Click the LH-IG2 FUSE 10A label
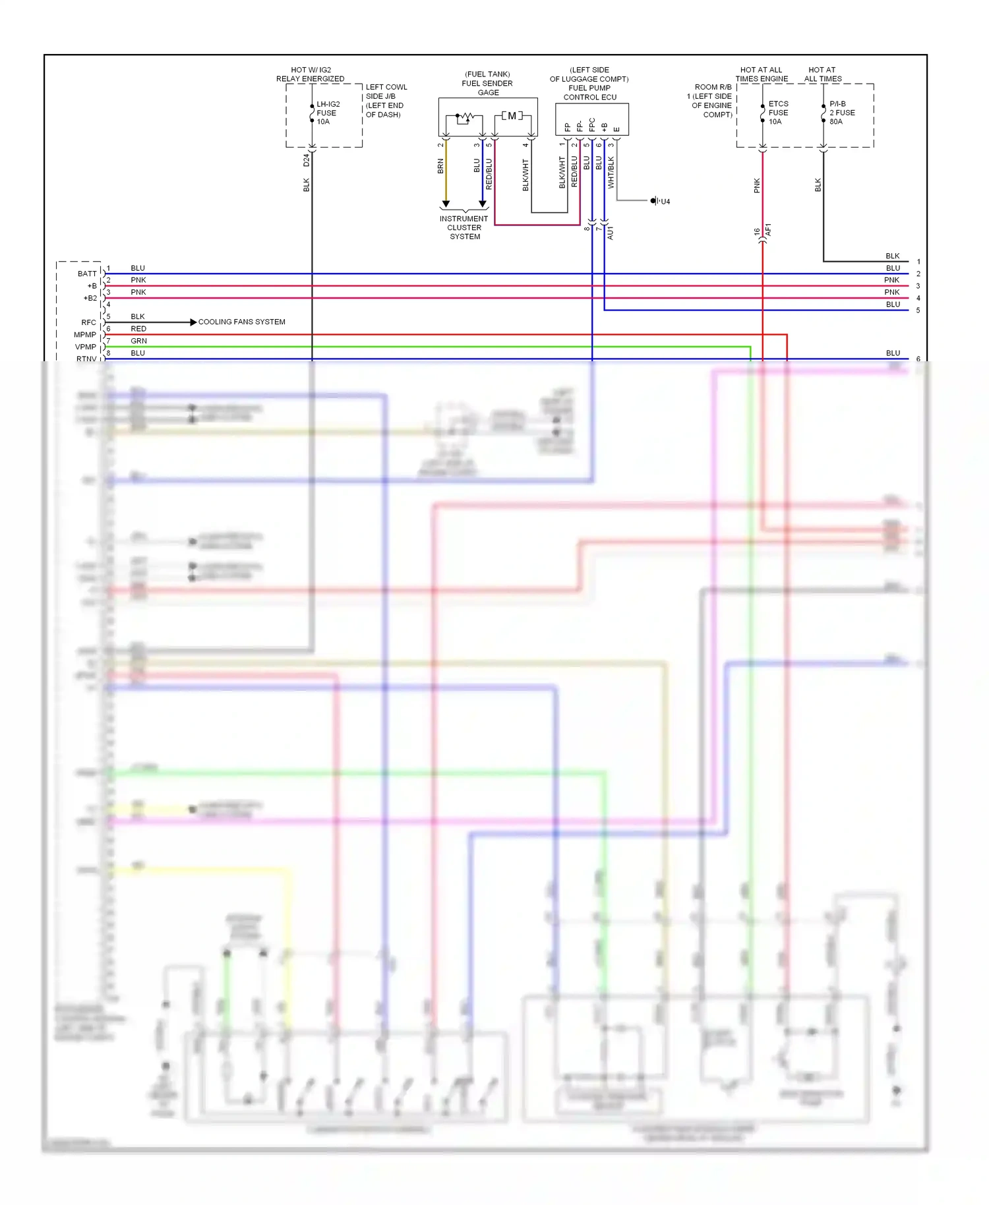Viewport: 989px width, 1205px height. point(327,113)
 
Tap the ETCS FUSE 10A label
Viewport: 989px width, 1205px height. point(778,113)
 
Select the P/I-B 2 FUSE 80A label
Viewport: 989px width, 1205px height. point(841,113)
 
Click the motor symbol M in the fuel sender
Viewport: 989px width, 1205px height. point(512,116)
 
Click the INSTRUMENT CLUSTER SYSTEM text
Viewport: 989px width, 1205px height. point(464,227)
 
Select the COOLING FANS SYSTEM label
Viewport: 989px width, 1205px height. point(241,322)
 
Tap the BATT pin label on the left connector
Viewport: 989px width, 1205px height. point(87,274)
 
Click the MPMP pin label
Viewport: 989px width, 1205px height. point(85,335)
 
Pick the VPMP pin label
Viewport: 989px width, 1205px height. point(85,347)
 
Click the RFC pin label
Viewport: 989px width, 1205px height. point(88,322)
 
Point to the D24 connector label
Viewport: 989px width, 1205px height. point(306,160)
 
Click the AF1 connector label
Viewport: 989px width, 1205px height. point(769,230)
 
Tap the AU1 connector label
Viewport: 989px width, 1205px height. point(611,232)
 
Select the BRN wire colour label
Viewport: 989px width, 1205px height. point(440,166)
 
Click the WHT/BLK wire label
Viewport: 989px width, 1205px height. point(611,172)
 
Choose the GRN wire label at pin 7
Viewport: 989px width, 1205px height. point(138,341)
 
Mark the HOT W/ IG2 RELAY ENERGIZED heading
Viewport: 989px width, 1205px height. point(311,74)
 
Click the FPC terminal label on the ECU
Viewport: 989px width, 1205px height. point(592,125)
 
